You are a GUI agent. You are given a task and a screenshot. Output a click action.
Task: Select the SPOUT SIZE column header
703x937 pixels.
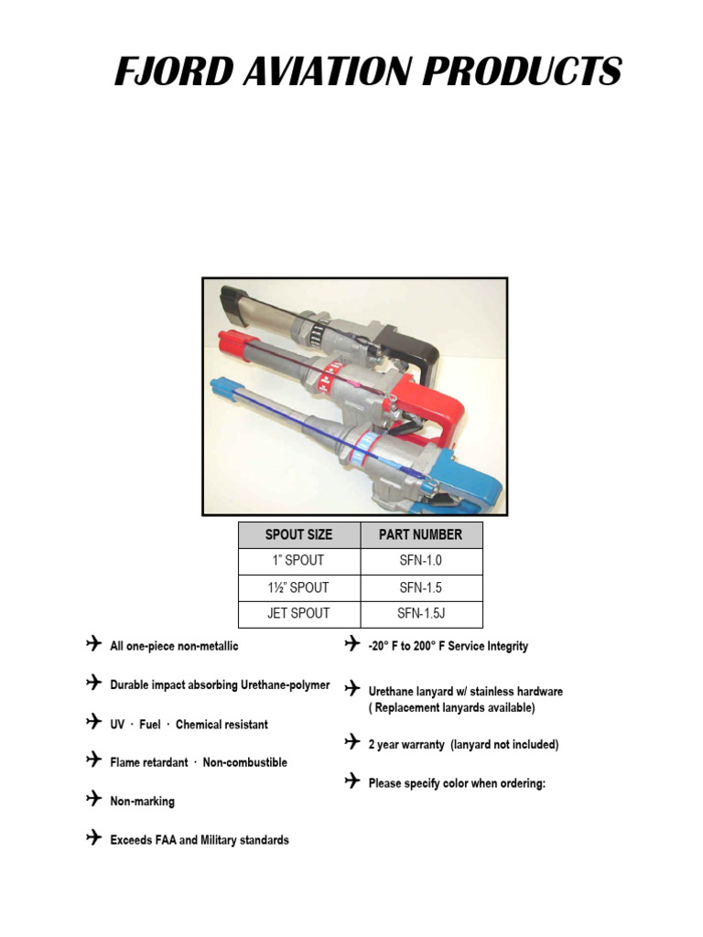click(298, 534)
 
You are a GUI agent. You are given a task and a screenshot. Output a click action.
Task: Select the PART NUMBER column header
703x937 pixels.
click(421, 534)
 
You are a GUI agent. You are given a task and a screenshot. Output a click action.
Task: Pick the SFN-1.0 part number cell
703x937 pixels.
click(421, 561)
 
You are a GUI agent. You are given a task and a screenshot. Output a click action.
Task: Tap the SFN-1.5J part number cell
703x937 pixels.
click(421, 613)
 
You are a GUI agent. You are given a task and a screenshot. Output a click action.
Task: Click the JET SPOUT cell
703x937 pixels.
click(298, 613)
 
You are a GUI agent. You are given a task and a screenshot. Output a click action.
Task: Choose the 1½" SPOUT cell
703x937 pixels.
click(298, 587)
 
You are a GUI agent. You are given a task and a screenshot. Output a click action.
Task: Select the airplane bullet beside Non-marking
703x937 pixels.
click(93, 800)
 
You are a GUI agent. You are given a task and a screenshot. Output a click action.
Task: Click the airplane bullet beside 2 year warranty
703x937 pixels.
click(352, 742)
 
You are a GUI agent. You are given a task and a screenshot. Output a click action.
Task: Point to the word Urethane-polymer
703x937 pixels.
click(281, 685)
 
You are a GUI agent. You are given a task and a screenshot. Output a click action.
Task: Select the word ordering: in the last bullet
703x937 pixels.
click(519, 783)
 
